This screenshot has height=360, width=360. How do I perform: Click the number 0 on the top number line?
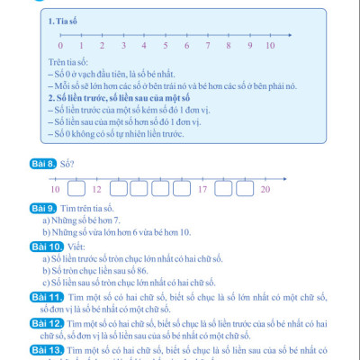click(60, 44)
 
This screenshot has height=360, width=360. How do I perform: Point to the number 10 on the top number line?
click(270, 44)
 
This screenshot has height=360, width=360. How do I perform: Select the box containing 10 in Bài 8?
click(55, 189)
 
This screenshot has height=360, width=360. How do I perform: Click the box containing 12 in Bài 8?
click(97, 189)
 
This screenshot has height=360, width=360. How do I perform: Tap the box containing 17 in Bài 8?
click(202, 189)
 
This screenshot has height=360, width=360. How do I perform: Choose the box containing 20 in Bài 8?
click(265, 189)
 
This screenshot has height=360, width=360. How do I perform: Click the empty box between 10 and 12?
click(76, 189)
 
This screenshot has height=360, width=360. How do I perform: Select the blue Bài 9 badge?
click(43, 209)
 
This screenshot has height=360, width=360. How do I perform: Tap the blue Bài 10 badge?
click(45, 245)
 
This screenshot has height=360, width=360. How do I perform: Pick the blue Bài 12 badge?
click(45, 321)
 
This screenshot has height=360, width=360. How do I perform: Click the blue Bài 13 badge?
click(45, 348)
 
